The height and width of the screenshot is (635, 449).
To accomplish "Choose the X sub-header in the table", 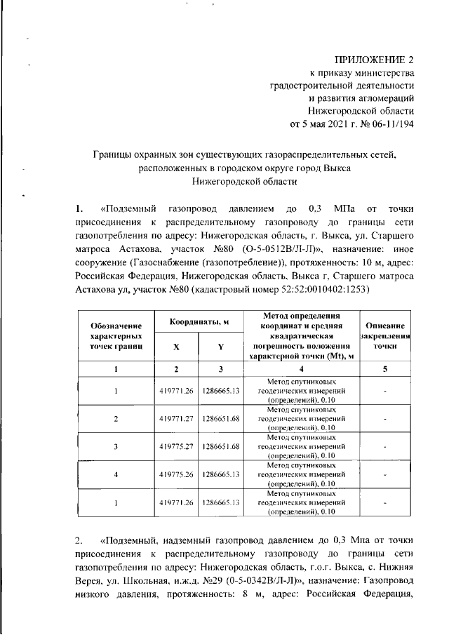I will [x=176, y=345].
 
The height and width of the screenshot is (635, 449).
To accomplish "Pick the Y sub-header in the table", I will [x=220, y=345].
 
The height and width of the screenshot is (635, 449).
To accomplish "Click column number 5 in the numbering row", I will [x=385, y=369].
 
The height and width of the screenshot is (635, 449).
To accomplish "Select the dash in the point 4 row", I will [x=385, y=474].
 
